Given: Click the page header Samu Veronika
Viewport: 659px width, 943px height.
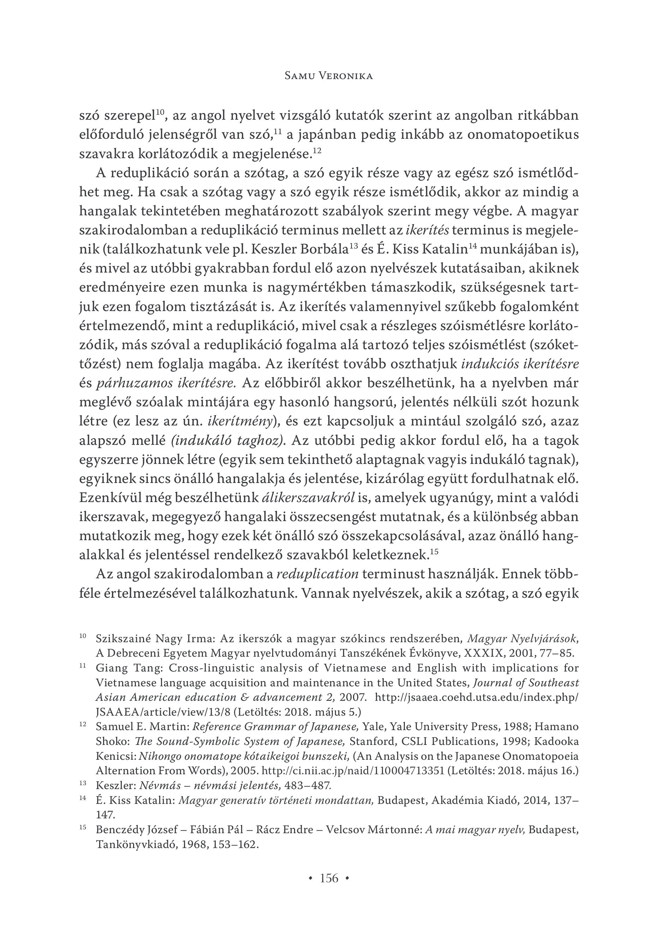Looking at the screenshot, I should tap(329, 76).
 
